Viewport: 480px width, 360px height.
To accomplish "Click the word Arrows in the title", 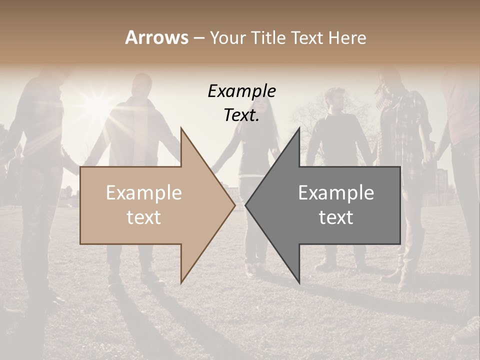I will [156, 37].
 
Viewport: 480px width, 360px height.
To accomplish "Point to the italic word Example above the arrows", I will [241, 91].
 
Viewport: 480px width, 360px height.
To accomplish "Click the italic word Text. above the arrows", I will [241, 115].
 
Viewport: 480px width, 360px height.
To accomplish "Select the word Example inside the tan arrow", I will [143, 193].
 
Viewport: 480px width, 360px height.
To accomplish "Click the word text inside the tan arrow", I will [143, 217].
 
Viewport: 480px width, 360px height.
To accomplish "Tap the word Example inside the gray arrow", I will [336, 193].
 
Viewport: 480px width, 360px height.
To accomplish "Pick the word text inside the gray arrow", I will [336, 217].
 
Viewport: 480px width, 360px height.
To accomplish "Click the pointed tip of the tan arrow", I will [235, 205].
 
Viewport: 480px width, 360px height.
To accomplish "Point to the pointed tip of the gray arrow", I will [245, 205].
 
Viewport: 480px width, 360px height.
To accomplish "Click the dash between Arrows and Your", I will [198, 38].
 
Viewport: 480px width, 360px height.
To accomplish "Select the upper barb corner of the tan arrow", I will [181, 128].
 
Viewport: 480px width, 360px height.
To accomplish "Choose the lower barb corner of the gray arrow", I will [299, 283].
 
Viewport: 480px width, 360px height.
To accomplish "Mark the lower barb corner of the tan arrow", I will [181, 283].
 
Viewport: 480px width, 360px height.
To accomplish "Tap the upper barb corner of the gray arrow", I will [299, 128].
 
